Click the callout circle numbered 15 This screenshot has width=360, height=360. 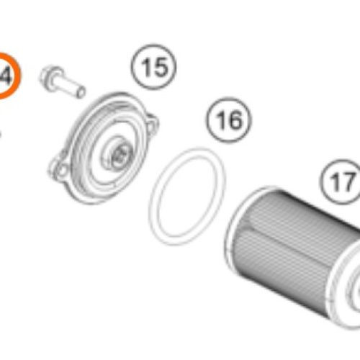click(x=153, y=70)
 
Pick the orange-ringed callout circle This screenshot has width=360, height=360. click(x=6, y=75)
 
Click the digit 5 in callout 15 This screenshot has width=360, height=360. click(x=160, y=70)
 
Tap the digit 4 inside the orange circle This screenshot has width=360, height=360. click(x=6, y=75)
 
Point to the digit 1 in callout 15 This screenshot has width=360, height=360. click(x=146, y=70)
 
